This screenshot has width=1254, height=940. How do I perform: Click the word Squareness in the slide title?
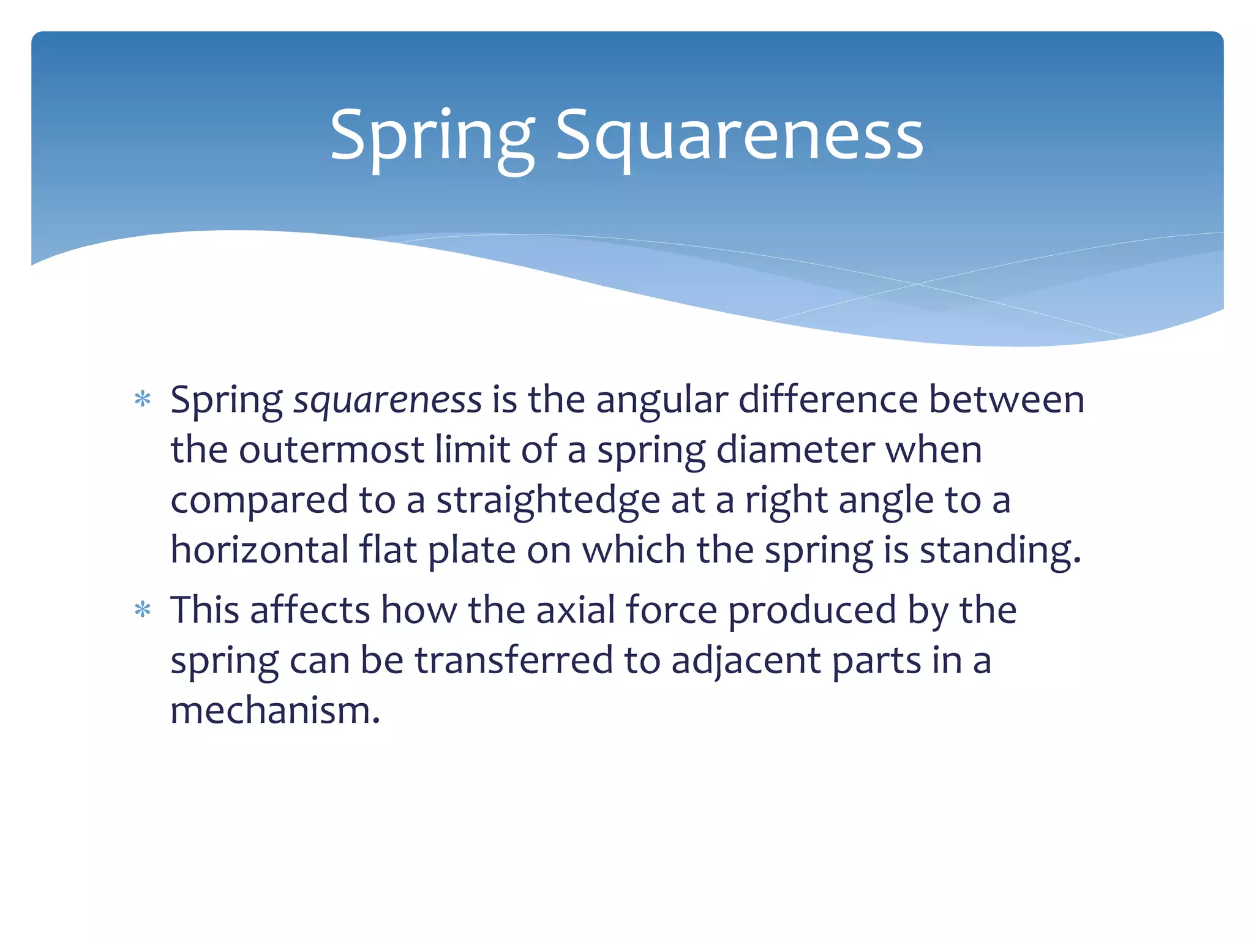[x=739, y=135]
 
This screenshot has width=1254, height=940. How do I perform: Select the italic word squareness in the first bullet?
[x=388, y=400]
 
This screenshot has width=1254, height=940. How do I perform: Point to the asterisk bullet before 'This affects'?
[x=143, y=610]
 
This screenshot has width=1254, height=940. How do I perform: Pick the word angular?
[x=662, y=400]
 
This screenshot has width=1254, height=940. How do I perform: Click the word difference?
[x=828, y=400]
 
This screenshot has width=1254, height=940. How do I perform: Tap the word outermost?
[x=331, y=450]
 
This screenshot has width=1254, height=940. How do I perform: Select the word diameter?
[x=795, y=450]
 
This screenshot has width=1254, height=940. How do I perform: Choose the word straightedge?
[x=548, y=500]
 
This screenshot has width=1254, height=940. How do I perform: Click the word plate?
[x=471, y=550]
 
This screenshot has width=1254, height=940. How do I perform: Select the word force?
[x=671, y=610]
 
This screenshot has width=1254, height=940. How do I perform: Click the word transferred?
[x=514, y=660]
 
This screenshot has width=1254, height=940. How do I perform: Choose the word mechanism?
[x=275, y=711]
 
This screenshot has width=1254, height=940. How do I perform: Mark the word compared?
[x=259, y=500]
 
